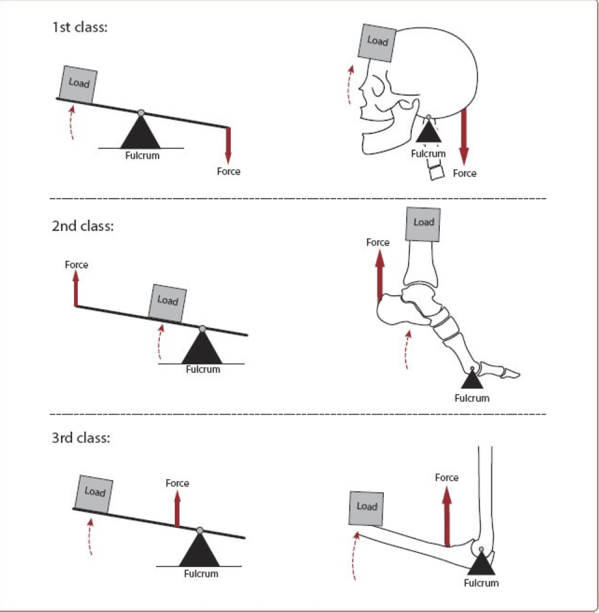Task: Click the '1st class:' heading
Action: pos(80,28)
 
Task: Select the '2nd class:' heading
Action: pos(83,226)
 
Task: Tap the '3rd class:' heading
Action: pos(81,438)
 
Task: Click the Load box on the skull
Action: pos(377,42)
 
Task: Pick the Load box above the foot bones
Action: pos(423,223)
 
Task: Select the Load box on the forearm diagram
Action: pos(367,507)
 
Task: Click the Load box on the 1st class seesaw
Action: pos(78,83)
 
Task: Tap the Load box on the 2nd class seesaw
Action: pos(167,301)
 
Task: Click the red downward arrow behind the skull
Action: pos(463,134)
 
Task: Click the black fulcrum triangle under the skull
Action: pos(428,133)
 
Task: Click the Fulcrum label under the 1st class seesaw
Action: pos(141,156)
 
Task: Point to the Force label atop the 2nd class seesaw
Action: pos(77,265)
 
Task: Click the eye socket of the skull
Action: pos(378,82)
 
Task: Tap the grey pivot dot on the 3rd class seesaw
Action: pos(200,530)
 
